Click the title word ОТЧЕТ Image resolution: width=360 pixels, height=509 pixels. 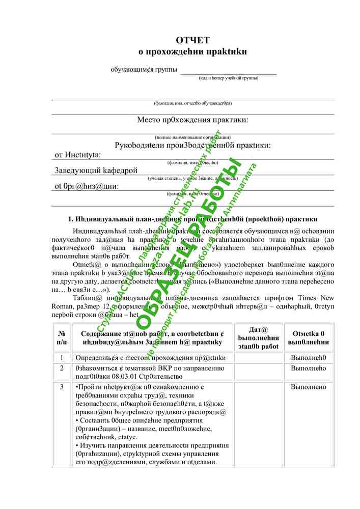pyautogui.click(x=192, y=40)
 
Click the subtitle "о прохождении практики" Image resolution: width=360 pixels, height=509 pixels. pyautogui.click(x=192, y=51)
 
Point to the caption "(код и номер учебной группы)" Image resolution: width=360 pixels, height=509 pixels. pyautogui.click(x=228, y=78)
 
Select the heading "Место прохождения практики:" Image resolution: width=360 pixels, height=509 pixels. pyautogui.click(x=192, y=120)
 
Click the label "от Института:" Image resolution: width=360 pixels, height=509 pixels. pyautogui.click(x=77, y=155)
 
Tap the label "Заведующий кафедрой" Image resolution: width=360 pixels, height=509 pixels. pyautogui.click(x=96, y=170)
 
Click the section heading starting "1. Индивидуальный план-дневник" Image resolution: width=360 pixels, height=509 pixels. pyautogui.click(x=192, y=219)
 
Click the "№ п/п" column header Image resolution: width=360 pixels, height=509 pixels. pyautogui.click(x=61, y=337)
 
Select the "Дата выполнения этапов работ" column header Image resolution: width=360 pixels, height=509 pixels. pyautogui.click(x=259, y=337)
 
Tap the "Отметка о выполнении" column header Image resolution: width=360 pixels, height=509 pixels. pyautogui.click(x=308, y=337)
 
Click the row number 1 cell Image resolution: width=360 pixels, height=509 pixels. pyautogui.click(x=61, y=357)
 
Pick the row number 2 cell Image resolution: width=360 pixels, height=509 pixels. pyautogui.click(x=61, y=367)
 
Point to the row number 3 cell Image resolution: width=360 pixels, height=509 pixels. pyautogui.click(x=61, y=387)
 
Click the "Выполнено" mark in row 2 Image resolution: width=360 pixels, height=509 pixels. pyautogui.click(x=308, y=367)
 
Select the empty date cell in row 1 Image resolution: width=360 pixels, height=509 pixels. pyautogui.click(x=259, y=357)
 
